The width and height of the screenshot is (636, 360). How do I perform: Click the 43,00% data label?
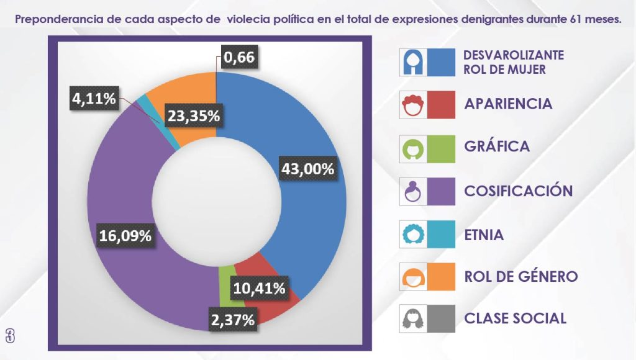tap(309, 169)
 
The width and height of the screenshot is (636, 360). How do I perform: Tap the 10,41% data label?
tap(260, 288)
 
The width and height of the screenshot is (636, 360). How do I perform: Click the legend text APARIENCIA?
tap(508, 104)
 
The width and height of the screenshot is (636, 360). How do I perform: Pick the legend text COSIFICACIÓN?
tap(518, 191)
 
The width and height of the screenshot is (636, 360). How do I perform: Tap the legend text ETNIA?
tap(484, 236)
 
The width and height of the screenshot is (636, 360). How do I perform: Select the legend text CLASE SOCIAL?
tap(515, 319)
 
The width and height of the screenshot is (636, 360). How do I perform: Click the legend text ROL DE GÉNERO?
tap(520, 276)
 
